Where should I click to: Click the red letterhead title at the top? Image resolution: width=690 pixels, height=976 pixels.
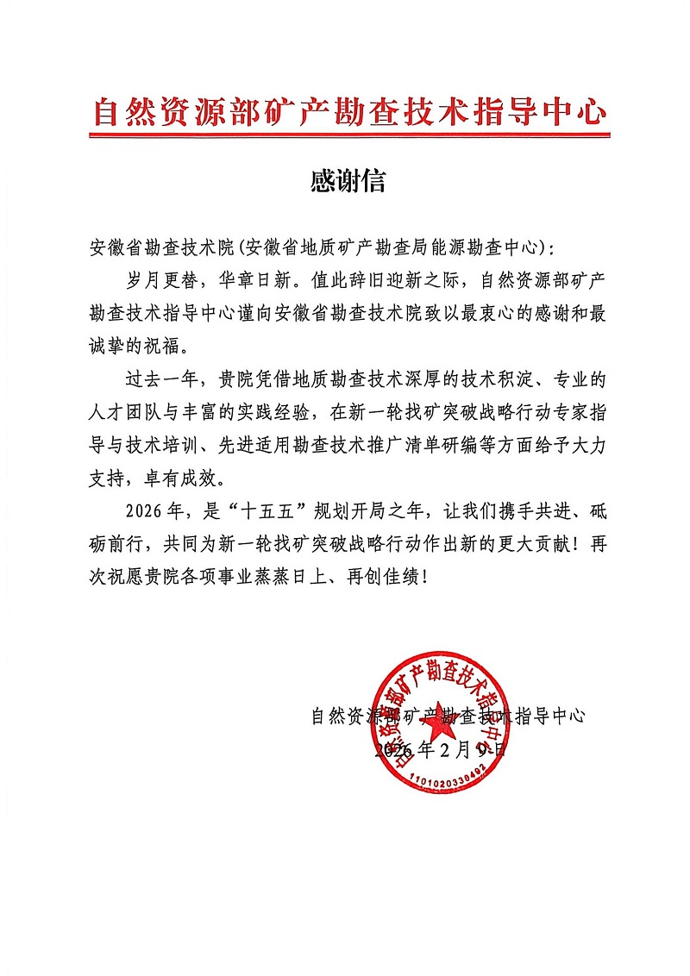[x=348, y=113]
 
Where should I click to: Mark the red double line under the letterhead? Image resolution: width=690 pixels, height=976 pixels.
[x=348, y=135]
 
